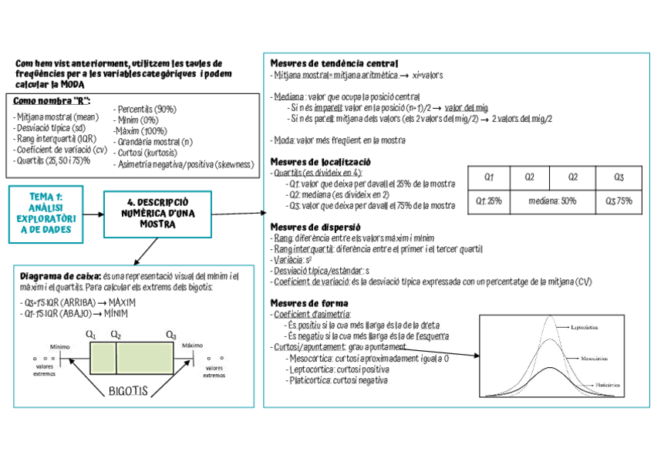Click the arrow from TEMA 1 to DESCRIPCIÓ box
(92, 213)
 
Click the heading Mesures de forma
(309, 303)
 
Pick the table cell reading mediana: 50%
(553, 201)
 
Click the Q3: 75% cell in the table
(619, 201)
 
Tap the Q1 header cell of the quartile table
(489, 177)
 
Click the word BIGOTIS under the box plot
(128, 390)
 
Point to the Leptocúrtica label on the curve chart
(587, 327)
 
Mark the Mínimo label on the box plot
(59, 346)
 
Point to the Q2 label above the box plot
(116, 335)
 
